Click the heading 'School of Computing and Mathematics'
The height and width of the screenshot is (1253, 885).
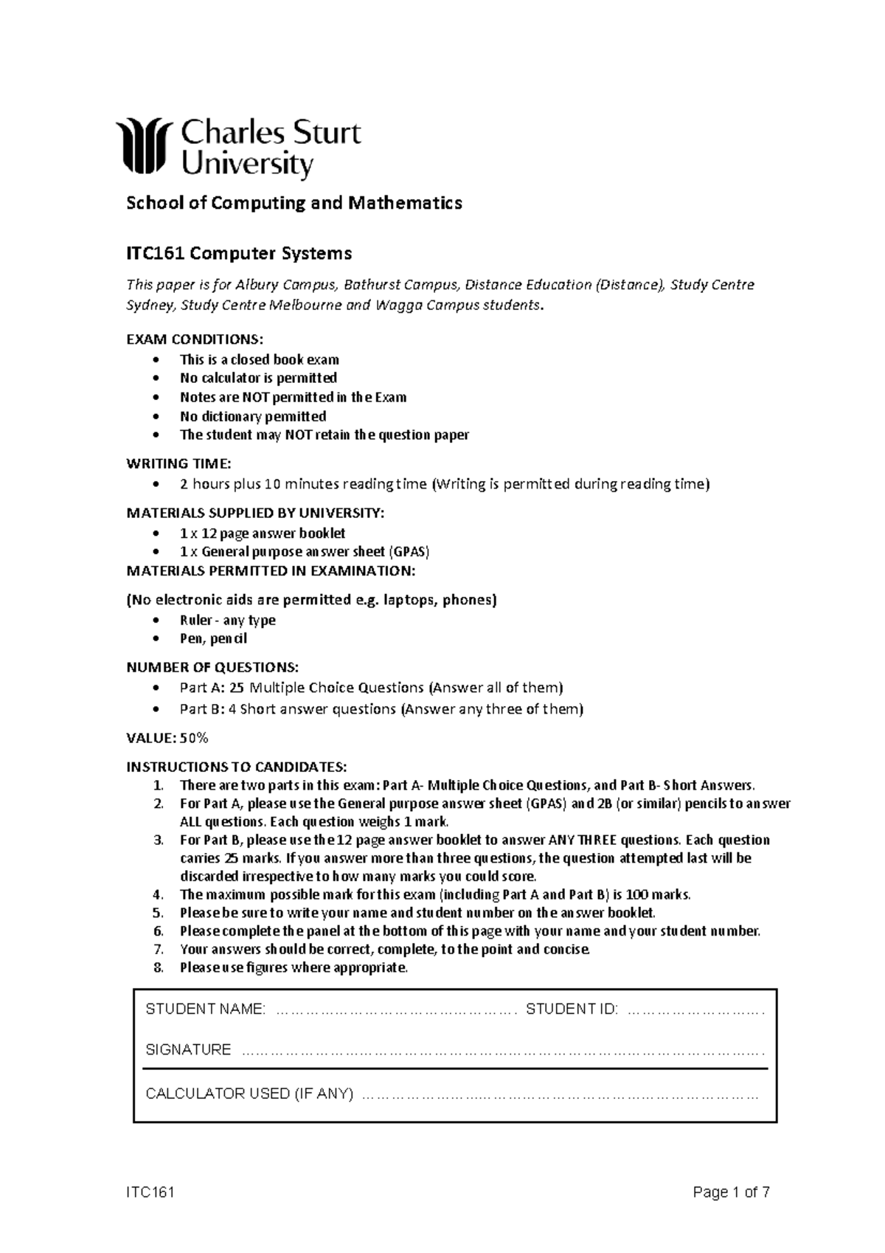[x=294, y=203]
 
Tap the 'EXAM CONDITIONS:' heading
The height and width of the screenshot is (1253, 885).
[x=194, y=339]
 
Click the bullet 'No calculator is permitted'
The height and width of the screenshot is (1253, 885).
[x=258, y=378]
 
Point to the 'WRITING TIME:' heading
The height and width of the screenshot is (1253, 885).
[x=178, y=463]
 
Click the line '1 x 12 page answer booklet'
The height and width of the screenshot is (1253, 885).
[x=263, y=533]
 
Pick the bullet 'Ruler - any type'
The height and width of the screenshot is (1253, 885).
[x=227, y=620]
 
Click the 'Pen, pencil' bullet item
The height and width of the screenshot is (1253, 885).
[x=213, y=638]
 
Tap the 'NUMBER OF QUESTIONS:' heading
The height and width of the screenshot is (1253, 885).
[x=212, y=668]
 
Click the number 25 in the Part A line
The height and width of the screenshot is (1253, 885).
[x=236, y=688]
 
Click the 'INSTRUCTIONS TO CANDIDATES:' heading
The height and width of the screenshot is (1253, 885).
[x=236, y=766]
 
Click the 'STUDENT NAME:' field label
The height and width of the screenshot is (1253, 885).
[x=205, y=1009]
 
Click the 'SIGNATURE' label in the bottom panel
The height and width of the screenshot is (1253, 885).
[x=188, y=1049]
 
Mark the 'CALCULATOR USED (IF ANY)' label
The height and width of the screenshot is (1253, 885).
[x=249, y=1094]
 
